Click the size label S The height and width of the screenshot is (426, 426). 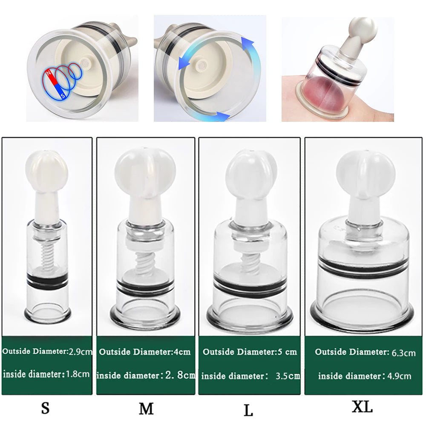45,409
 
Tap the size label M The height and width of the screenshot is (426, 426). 146,409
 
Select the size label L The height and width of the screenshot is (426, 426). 248,411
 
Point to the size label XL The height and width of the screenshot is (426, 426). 362,406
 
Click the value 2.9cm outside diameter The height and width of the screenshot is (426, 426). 81,352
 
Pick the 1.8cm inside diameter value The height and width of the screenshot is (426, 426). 78,374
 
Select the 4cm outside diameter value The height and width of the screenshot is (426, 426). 181,352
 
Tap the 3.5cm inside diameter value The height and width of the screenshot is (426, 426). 288,376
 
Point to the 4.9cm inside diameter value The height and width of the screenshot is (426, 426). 400,376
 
